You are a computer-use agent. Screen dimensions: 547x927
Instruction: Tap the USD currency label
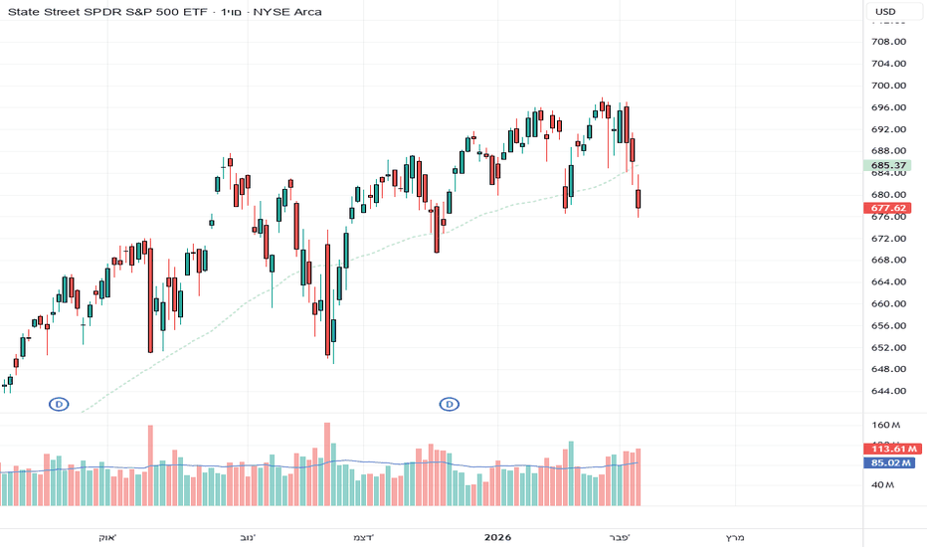884,12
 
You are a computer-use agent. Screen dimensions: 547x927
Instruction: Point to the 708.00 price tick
886,42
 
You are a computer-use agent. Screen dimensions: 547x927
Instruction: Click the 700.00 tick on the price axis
886,86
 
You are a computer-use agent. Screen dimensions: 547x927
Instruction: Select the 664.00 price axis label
886,282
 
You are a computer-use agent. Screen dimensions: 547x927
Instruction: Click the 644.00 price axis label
886,391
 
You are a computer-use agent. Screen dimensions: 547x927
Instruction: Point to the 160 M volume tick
886,425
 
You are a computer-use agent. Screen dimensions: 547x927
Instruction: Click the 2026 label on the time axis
497,538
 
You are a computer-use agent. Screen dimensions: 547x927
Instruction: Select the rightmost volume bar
639,476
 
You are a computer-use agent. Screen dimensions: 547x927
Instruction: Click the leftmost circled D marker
60,404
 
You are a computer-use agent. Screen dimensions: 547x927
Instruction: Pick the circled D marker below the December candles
450,404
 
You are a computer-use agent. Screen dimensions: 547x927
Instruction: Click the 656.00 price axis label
886,326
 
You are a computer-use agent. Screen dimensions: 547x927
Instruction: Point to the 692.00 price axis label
886,129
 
